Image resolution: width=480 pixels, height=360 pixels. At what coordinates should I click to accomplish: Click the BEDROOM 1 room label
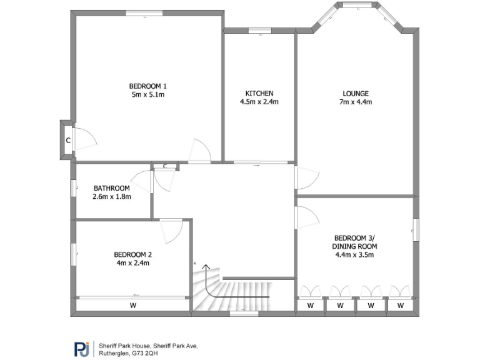[x=148, y=86]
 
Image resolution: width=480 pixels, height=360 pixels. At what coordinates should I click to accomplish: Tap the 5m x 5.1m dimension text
[x=148, y=95]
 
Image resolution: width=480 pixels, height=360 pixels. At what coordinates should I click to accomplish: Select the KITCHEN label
[x=259, y=93]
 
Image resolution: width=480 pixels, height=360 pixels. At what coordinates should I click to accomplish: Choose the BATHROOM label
[x=111, y=188]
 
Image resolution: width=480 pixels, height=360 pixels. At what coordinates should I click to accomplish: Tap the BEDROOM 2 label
[x=132, y=254]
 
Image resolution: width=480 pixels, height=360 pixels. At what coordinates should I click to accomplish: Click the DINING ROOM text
[x=355, y=246]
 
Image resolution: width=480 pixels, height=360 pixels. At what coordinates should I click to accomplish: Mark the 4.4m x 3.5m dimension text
[x=355, y=255]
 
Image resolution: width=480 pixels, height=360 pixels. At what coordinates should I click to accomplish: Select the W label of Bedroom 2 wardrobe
[x=132, y=306]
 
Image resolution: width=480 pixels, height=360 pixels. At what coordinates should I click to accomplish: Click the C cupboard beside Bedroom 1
[x=67, y=140]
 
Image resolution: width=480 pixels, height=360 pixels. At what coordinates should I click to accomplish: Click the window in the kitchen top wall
[x=258, y=30]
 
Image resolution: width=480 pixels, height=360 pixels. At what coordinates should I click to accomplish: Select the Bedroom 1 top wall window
[x=144, y=12]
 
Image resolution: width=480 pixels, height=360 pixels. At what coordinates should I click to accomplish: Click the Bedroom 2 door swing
[x=170, y=231]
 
